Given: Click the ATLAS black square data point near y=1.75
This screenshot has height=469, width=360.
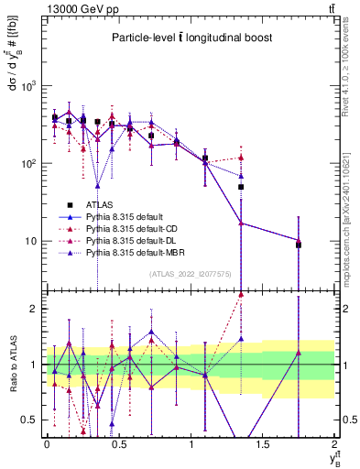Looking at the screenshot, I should click(299, 245).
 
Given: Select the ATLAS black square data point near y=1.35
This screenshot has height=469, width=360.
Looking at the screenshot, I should click(241, 187).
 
